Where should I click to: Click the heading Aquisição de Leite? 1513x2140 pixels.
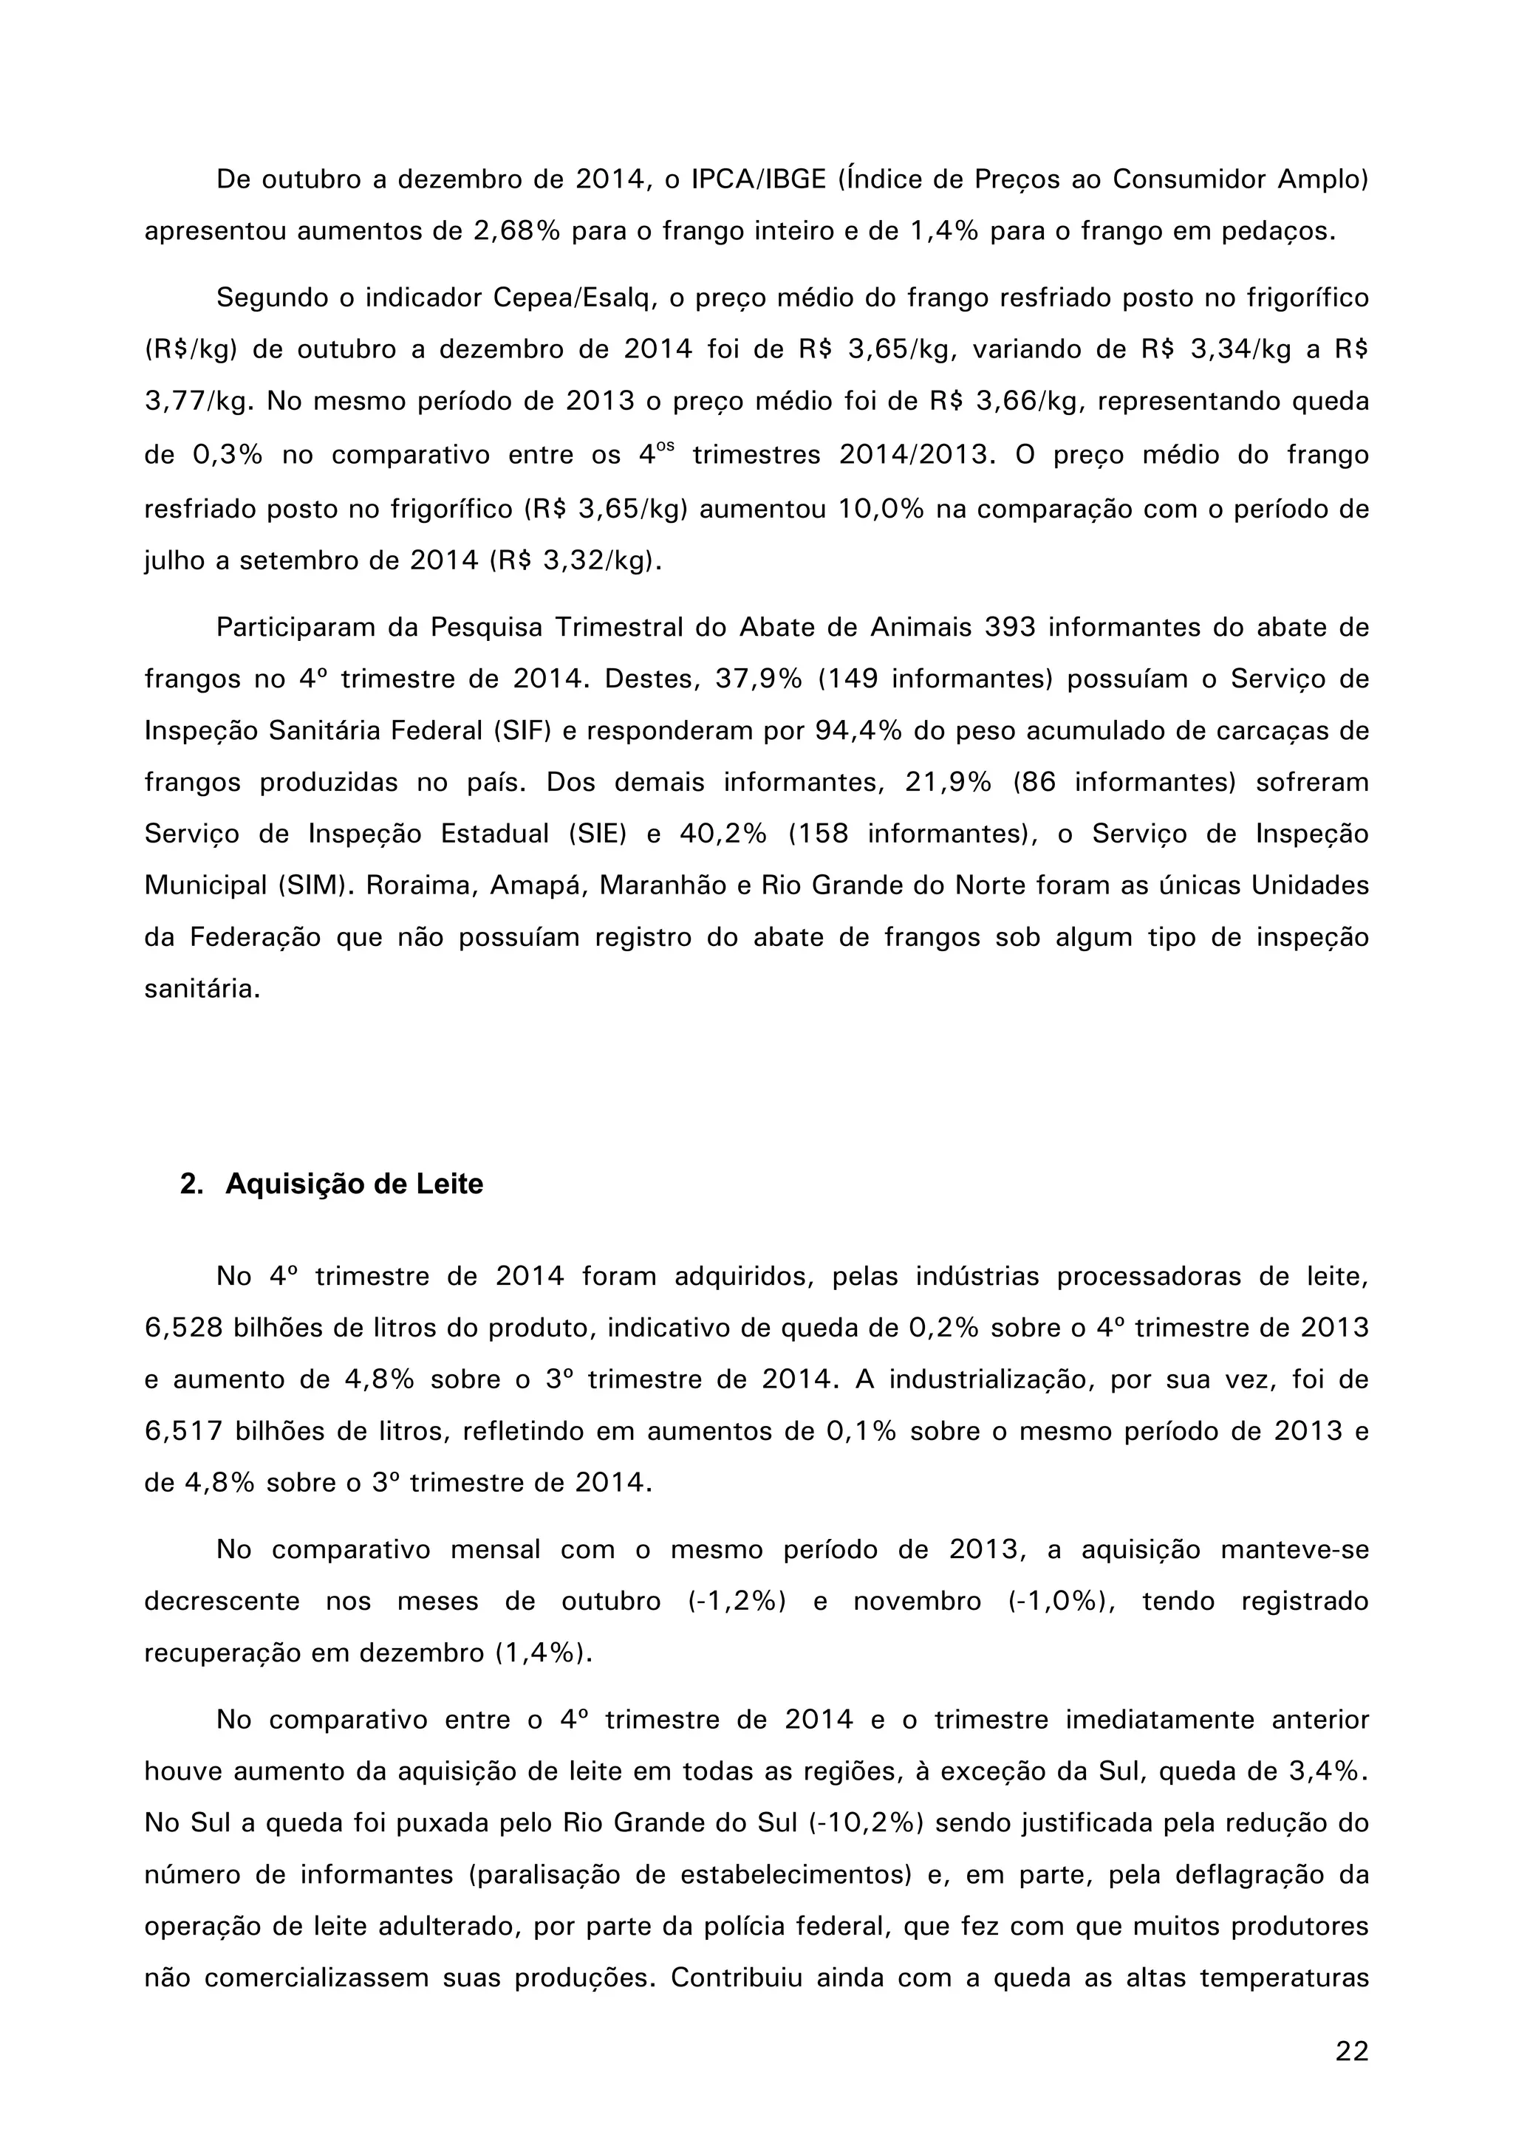[x=355, y=1184]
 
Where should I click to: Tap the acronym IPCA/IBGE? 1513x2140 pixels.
[x=759, y=179]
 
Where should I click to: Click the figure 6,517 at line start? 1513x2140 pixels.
[x=184, y=1432]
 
